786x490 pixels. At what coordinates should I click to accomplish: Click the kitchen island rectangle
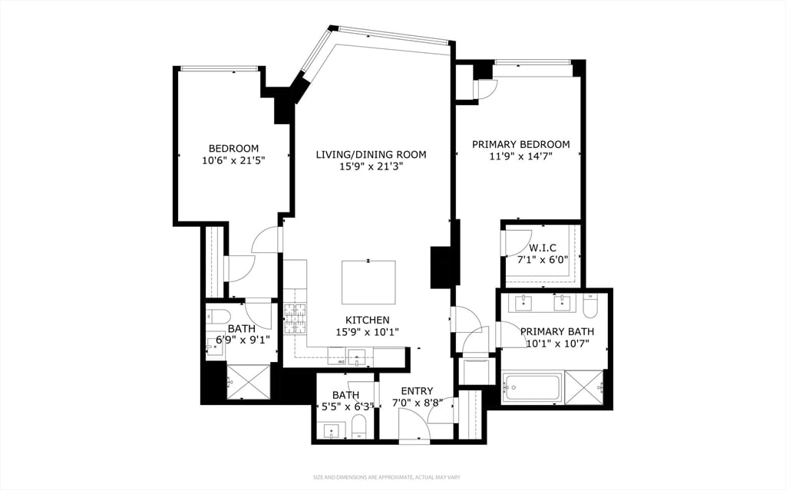(x=368, y=282)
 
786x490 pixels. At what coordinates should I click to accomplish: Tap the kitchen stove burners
(x=295, y=317)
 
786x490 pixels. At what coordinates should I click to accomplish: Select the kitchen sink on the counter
(x=356, y=356)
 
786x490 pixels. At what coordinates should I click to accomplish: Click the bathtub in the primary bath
(x=532, y=386)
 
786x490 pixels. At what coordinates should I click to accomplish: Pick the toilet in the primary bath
(x=590, y=306)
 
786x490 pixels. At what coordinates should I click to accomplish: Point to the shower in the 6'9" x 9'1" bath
(x=248, y=381)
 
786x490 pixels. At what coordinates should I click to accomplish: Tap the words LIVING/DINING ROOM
(x=371, y=154)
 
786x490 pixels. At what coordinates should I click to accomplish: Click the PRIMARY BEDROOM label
(x=520, y=144)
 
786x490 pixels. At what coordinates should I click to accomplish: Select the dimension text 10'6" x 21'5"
(x=233, y=161)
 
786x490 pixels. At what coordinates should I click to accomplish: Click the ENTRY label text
(x=417, y=390)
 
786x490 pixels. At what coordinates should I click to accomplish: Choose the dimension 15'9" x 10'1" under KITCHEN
(x=367, y=332)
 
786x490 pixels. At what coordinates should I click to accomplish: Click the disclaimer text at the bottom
(x=386, y=478)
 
